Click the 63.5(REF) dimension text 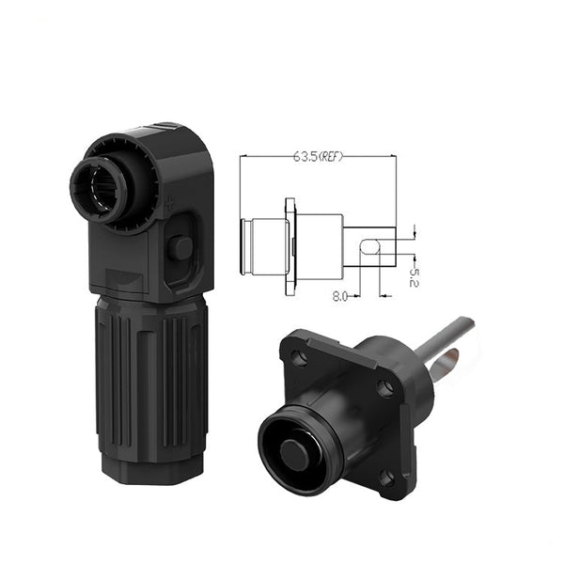coord(319,156)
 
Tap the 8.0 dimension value coord(339,296)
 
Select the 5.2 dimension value coord(414,277)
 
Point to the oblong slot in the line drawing coord(370,247)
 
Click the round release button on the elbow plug coord(180,248)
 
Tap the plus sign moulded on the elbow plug coord(168,204)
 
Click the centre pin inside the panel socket coord(294,454)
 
